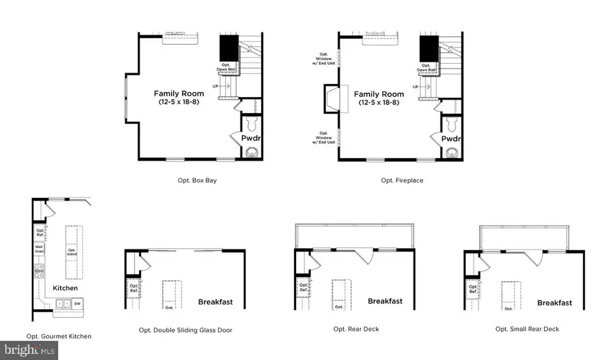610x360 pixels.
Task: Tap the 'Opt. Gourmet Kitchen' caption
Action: pyautogui.click(x=58, y=336)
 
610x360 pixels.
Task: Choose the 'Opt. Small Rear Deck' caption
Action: pyautogui.click(x=527, y=329)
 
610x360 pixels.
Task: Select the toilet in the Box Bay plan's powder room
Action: pyautogui.click(x=251, y=125)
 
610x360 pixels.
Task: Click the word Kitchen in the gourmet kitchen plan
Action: pyautogui.click(x=66, y=288)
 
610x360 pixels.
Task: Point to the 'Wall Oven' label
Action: pyautogui.click(x=40, y=249)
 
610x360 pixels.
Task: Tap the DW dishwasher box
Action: pyautogui.click(x=79, y=304)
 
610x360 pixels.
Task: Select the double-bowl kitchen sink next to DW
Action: pyautogui.click(x=63, y=304)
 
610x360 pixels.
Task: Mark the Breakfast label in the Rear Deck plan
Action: pyautogui.click(x=385, y=301)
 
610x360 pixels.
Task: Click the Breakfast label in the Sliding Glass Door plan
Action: pyautogui.click(x=215, y=302)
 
